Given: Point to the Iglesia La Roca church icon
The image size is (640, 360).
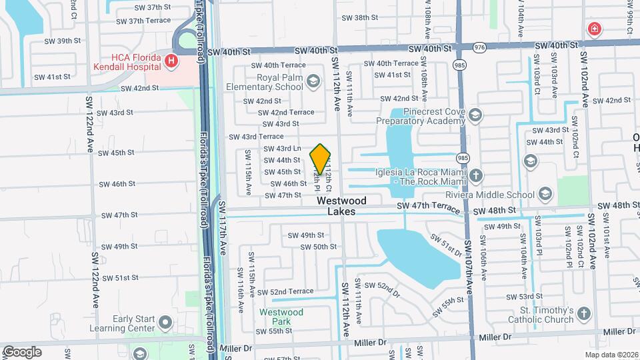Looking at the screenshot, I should tap(475, 176).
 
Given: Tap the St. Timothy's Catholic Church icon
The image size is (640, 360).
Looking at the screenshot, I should tap(584, 314).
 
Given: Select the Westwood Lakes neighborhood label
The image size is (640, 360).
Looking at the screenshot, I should tap(341, 205).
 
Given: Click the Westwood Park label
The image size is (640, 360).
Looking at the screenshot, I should tap(281, 316).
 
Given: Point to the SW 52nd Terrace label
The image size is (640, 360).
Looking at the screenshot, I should tap(285, 291).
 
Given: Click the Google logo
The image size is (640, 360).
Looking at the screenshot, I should tap(22, 351).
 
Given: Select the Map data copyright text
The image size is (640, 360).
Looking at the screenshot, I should tap(611, 354).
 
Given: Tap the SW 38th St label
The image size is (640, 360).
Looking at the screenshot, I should tap(361, 18).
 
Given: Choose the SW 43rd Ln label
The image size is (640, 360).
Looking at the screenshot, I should tap(282, 148).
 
